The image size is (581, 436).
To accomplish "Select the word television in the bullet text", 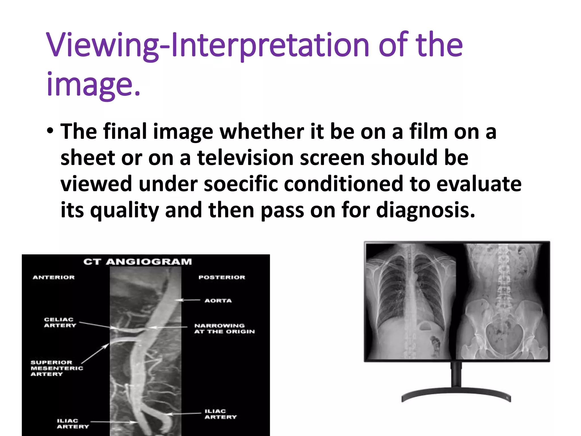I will [x=245, y=158].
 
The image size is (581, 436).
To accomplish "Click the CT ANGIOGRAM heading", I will [x=138, y=262].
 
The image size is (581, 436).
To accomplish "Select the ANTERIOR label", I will [x=54, y=277].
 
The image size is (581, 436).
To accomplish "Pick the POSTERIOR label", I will [x=222, y=277].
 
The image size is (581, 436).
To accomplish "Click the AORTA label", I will [x=218, y=301].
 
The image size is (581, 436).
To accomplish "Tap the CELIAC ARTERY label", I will [x=60, y=322].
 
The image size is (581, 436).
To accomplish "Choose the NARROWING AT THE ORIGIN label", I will [x=224, y=329].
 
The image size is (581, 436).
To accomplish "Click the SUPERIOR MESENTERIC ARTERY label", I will [x=57, y=368].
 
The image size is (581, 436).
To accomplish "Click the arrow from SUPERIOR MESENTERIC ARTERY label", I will [x=95, y=353].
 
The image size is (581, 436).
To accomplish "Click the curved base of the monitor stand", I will [x=456, y=393].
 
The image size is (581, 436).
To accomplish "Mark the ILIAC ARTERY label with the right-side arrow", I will [x=220, y=414].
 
